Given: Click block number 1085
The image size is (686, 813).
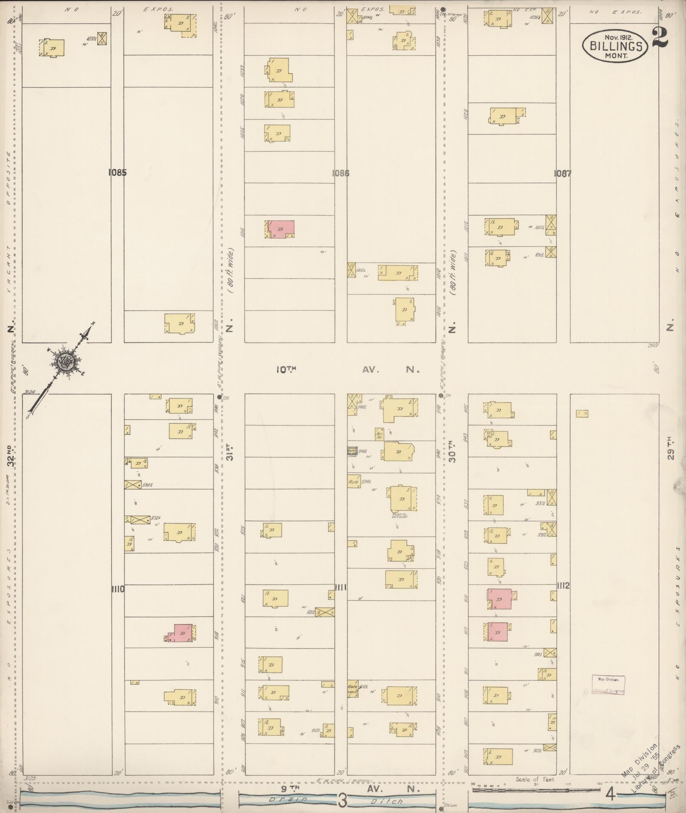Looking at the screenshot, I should click(117, 173).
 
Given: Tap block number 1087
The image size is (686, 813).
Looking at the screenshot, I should click(563, 173).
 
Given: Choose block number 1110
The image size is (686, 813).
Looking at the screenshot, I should click(117, 589).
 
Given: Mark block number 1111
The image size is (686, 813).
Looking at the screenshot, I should click(340, 588).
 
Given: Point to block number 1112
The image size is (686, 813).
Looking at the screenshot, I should click(563, 586).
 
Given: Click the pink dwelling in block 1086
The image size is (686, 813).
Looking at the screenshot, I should click(281, 229).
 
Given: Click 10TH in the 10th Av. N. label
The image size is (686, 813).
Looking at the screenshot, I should click(286, 370).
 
